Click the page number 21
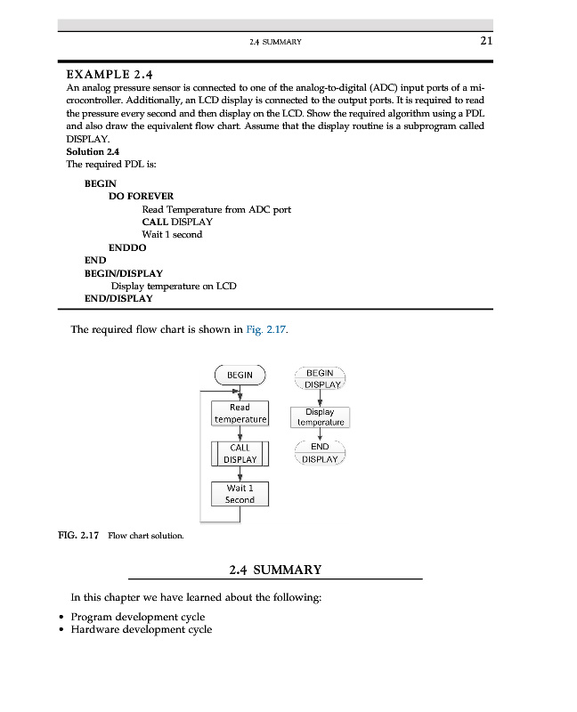pyautogui.click(x=485, y=41)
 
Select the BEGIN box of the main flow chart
pyautogui.click(x=240, y=376)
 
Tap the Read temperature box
pyautogui.click(x=240, y=414)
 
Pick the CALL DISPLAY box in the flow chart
pyautogui.click(x=240, y=454)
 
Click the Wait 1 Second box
pyautogui.click(x=240, y=494)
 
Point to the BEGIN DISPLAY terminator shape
pyautogui.click(x=319, y=378)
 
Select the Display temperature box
pyautogui.click(x=319, y=417)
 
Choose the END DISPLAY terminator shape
pyautogui.click(x=319, y=453)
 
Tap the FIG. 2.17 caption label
pyautogui.click(x=78, y=536)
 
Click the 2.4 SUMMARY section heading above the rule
pyautogui.click(x=275, y=570)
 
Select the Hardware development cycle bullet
pyautogui.click(x=141, y=629)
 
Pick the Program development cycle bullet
pyautogui.click(x=137, y=617)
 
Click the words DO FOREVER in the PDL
pyautogui.click(x=141, y=196)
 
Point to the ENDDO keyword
pyautogui.click(x=127, y=247)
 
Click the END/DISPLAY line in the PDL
pyautogui.click(x=118, y=299)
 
